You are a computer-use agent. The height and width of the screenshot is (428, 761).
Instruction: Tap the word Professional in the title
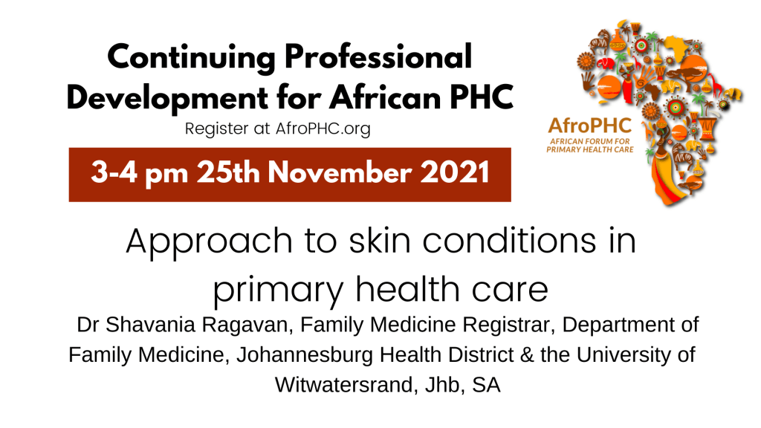[x=378, y=56]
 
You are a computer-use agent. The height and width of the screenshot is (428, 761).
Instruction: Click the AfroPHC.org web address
[x=323, y=129]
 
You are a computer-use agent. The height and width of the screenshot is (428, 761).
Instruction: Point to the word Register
[x=217, y=129]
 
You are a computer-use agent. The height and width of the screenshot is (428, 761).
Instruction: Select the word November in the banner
[x=340, y=172]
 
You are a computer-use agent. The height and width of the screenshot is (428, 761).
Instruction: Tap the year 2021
[x=455, y=172]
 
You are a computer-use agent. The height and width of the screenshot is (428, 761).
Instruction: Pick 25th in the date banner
[x=228, y=172]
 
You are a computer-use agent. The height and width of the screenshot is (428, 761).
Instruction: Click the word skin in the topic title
[x=380, y=241]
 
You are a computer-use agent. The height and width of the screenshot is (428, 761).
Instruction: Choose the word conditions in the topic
[x=509, y=241]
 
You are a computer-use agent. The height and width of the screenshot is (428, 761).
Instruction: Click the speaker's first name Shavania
[x=150, y=325]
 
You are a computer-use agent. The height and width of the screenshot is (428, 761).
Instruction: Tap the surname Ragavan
[x=247, y=325]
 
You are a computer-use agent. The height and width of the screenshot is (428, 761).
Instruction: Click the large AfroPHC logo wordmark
[x=589, y=126]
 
